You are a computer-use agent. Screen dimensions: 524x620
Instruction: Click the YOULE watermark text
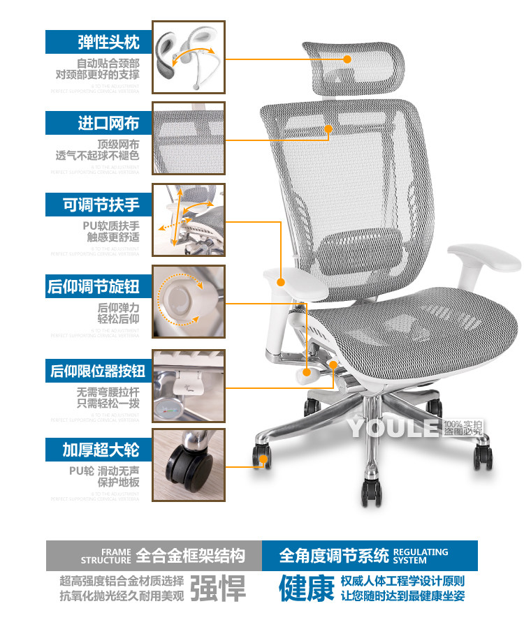tap(394, 427)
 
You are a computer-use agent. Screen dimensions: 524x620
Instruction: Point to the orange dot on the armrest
tap(282, 282)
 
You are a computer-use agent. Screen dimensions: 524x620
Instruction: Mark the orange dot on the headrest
tap(347, 60)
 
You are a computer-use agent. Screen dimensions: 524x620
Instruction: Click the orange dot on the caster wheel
tap(263, 459)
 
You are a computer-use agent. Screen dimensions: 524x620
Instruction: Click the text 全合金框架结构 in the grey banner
tap(190, 556)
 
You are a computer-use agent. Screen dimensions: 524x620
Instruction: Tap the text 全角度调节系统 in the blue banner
tap(334, 556)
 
